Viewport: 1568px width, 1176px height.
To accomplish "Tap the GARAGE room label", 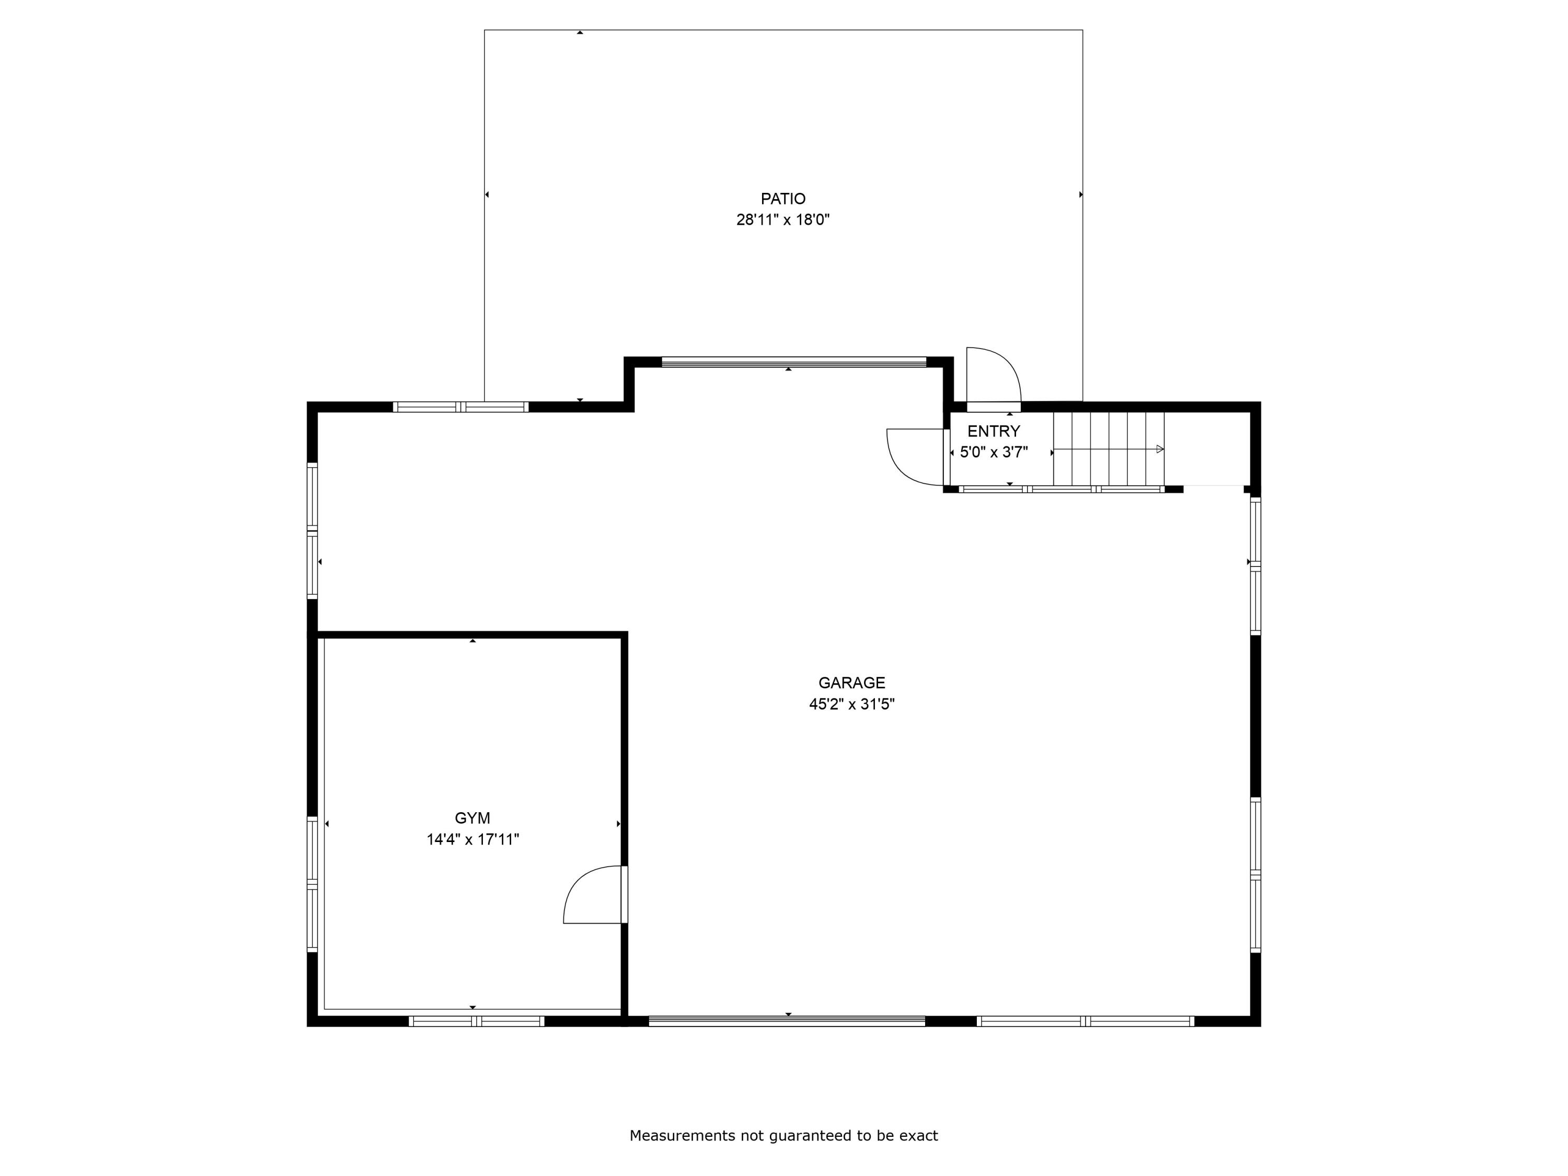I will coord(851,683).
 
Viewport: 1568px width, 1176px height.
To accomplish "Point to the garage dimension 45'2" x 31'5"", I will coord(851,704).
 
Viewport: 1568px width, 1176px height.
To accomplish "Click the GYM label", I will coord(472,818).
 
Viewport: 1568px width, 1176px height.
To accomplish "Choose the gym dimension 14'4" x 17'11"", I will coord(472,839).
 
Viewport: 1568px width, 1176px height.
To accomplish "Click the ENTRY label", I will coord(993,431).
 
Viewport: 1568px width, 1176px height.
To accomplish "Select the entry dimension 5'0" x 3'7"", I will coord(993,452).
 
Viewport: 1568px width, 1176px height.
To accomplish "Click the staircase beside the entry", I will coord(1108,448).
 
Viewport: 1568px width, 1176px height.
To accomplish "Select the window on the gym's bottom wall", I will coord(476,1021).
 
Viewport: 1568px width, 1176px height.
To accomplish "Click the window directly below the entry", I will coord(1061,489).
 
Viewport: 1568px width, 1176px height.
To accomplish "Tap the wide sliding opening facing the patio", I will coord(793,362).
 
